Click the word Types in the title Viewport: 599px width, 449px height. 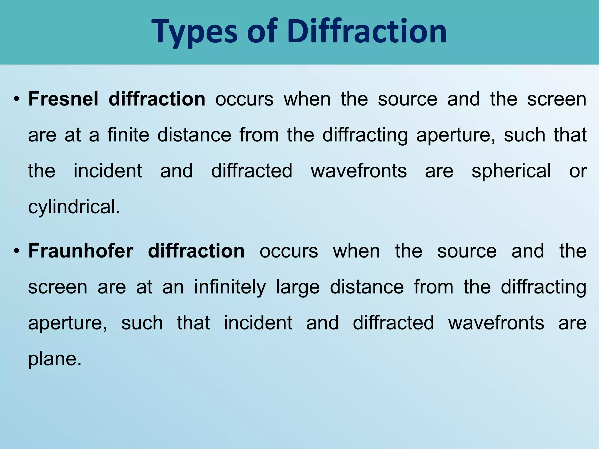click(195, 32)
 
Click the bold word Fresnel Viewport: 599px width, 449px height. click(63, 99)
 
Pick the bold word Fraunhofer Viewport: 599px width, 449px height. click(81, 251)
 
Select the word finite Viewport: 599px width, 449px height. click(128, 135)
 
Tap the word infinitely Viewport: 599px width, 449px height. click(230, 287)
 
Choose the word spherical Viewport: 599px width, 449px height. click(511, 171)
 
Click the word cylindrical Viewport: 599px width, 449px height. click(74, 207)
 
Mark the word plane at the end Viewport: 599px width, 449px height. click(54, 359)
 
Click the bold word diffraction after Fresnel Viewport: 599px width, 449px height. click(157, 99)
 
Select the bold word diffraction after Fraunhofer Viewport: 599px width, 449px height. click(196, 251)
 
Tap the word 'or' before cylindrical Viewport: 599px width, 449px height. click(578, 171)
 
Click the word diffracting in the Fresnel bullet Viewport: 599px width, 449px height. click(365, 135)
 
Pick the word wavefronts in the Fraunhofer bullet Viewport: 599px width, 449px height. click(496, 323)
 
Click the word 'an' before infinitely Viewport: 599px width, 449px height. click(173, 287)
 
